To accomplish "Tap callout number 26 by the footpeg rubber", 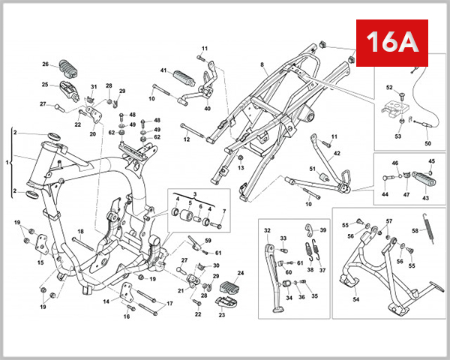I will (x=45, y=64).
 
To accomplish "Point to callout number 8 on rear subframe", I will (x=262, y=66).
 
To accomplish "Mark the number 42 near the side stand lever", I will (x=337, y=153).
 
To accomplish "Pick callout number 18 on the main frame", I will (x=80, y=232).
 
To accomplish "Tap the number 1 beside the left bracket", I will (x=8, y=161).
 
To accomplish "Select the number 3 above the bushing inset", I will (x=194, y=193).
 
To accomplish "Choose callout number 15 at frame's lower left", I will (x=40, y=262).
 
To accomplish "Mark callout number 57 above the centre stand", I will (x=388, y=221).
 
